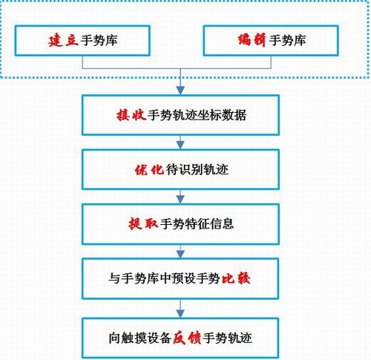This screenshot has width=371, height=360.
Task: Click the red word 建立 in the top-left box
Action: [x=63, y=40]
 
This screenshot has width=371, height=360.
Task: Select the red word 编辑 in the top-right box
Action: [x=252, y=40]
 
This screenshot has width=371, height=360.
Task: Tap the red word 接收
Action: [x=131, y=115]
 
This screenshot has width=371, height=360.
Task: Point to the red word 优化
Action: [x=149, y=170]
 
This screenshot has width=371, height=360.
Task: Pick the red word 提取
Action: [x=143, y=224]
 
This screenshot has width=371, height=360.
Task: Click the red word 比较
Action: [x=236, y=278]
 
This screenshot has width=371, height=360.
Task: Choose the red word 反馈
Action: [x=187, y=338]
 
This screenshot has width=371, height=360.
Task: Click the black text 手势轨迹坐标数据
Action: [x=197, y=115]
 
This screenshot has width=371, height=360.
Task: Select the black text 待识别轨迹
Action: [x=197, y=170]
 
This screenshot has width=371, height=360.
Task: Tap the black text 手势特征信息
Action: [x=197, y=224]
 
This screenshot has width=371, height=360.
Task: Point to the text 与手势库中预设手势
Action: [x=164, y=278]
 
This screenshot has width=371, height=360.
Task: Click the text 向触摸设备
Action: [x=139, y=338]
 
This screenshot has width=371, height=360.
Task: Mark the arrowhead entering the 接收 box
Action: [x=180, y=91]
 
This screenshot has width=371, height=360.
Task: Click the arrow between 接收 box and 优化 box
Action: [x=180, y=142]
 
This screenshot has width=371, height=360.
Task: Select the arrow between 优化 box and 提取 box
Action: [x=180, y=197]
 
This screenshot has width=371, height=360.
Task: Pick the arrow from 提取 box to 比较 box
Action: [x=180, y=252]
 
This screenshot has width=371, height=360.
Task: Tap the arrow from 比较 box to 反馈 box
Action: [x=180, y=309]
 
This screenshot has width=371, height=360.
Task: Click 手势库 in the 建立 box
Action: [x=99, y=40]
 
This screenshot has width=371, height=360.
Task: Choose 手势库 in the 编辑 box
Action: [x=287, y=40]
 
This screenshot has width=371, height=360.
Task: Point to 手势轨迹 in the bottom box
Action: [x=227, y=338]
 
